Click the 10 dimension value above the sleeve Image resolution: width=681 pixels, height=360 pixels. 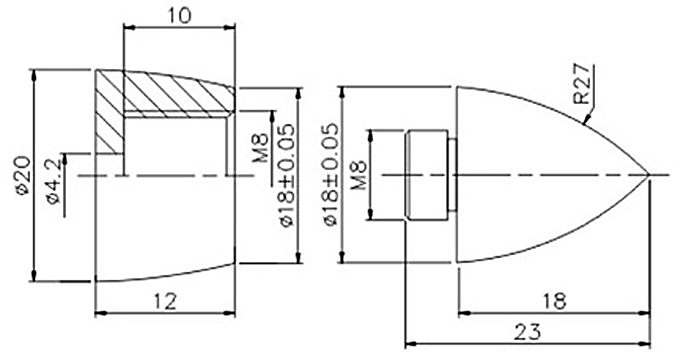point(179,16)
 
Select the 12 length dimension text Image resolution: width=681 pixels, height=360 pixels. point(165,301)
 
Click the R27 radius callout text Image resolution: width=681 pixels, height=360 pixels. point(582,84)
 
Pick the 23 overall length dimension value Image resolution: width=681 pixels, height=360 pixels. point(528,332)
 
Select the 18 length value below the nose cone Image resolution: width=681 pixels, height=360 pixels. point(555,301)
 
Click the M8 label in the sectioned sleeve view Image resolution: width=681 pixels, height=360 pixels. point(261,149)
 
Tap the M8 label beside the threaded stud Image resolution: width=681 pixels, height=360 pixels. point(358,175)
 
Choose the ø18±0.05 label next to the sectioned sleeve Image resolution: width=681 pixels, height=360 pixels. point(287,175)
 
